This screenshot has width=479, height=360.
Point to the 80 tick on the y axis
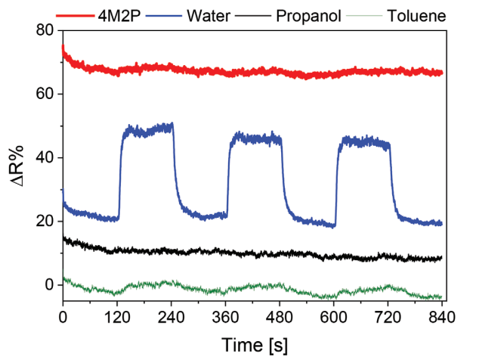point(45,31)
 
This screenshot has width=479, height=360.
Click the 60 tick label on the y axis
point(45,95)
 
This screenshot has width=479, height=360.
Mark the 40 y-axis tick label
point(45,158)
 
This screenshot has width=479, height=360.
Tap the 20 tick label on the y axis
point(45,222)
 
